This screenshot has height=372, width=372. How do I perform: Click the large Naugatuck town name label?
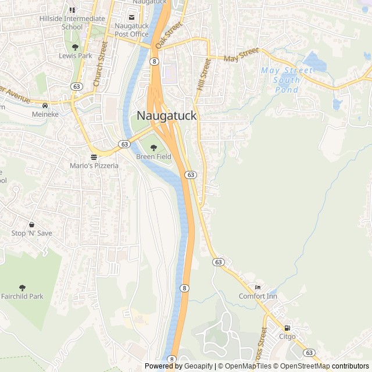point(167,116)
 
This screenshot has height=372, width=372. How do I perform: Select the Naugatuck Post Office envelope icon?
point(131,17)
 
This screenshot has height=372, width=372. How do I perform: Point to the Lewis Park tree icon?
point(75,47)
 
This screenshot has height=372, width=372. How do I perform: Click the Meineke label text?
point(45,115)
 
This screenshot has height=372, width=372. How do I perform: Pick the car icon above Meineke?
point(45,106)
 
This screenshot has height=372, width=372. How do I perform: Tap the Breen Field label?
point(153,157)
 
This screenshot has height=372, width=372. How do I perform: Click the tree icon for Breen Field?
point(153,148)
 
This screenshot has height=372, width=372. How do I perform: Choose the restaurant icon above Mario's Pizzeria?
point(94,157)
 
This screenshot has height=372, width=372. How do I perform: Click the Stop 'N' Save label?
point(31,233)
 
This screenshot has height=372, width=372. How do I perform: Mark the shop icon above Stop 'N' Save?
point(31,224)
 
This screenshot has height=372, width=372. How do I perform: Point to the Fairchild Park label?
point(22,296)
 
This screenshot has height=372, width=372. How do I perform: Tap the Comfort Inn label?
point(258,296)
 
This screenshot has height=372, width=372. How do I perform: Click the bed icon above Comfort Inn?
point(258,288)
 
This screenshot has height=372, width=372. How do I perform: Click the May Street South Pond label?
point(287,80)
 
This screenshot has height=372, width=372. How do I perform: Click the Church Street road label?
point(101,65)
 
